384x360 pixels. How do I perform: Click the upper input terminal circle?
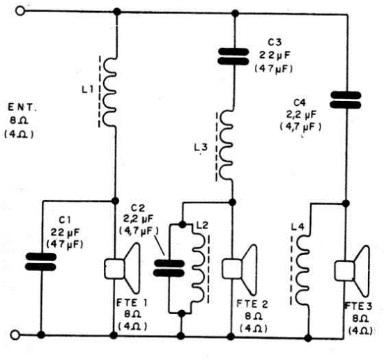(x=20, y=11)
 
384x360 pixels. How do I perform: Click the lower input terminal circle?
(x=15, y=335)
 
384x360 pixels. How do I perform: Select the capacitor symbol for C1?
(x=41, y=262)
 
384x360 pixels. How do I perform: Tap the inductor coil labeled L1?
(x=109, y=92)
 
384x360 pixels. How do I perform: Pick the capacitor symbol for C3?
(x=233, y=56)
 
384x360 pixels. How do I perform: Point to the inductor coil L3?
(x=225, y=146)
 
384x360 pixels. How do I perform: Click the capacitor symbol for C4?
(x=346, y=100)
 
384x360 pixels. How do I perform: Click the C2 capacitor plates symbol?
(x=169, y=268)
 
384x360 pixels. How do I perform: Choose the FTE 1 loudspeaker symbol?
(x=123, y=269)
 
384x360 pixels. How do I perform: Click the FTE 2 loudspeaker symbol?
(x=240, y=269)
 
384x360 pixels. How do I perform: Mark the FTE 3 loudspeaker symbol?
(x=352, y=271)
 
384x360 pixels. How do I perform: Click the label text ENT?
(x=22, y=107)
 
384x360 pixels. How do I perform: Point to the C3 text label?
(x=275, y=42)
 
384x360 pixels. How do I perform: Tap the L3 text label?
(x=201, y=148)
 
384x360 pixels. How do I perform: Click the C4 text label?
(x=300, y=103)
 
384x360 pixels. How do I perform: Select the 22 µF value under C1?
(x=65, y=233)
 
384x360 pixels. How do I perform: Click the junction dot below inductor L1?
(x=115, y=201)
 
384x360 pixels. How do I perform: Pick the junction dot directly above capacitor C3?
(x=236, y=13)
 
